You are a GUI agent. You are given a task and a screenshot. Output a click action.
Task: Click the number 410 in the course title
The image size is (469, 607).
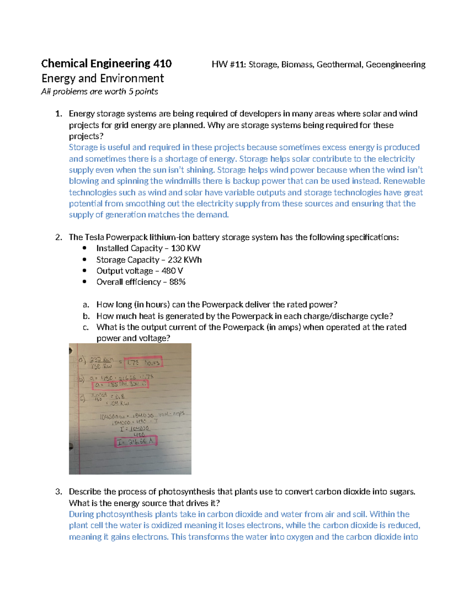click(x=162, y=64)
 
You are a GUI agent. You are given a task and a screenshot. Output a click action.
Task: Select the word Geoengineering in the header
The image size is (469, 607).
click(x=395, y=64)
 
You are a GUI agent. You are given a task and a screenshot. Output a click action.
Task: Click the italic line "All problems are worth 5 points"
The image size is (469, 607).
click(x=100, y=91)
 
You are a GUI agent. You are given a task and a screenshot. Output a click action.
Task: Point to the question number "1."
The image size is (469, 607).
click(x=59, y=114)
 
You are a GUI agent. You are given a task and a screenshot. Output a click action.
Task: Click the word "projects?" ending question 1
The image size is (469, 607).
click(x=86, y=136)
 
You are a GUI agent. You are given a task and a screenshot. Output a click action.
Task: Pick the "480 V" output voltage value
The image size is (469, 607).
click(x=172, y=271)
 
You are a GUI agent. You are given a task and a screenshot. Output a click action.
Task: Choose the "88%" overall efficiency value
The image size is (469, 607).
click(x=177, y=282)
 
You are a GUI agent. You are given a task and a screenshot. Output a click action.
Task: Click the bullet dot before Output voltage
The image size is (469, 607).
click(x=84, y=270)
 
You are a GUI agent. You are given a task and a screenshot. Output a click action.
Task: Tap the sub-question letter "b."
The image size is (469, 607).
click(x=86, y=316)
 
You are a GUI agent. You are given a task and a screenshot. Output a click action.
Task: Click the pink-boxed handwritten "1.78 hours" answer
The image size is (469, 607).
click(x=143, y=363)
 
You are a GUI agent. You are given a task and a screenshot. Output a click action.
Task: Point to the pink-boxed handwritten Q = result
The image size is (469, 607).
click(x=120, y=385)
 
